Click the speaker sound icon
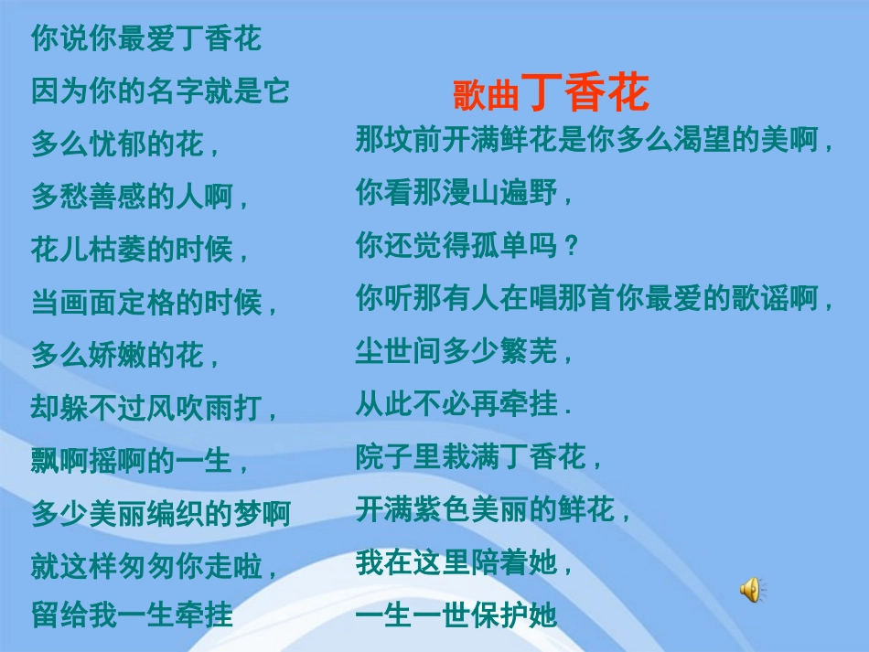[x=750, y=591]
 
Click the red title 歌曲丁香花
[x=551, y=92]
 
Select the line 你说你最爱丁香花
[x=146, y=38]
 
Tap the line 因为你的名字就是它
[x=160, y=91]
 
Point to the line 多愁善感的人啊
[x=140, y=196]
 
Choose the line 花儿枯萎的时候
[x=140, y=249]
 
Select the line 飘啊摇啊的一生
[x=140, y=460]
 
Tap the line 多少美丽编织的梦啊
[x=160, y=513]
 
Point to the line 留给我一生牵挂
[x=133, y=614]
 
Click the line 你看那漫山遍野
[x=464, y=193]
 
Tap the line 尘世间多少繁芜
[x=464, y=350]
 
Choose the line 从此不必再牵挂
[x=464, y=403]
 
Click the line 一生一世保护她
[x=456, y=615]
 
